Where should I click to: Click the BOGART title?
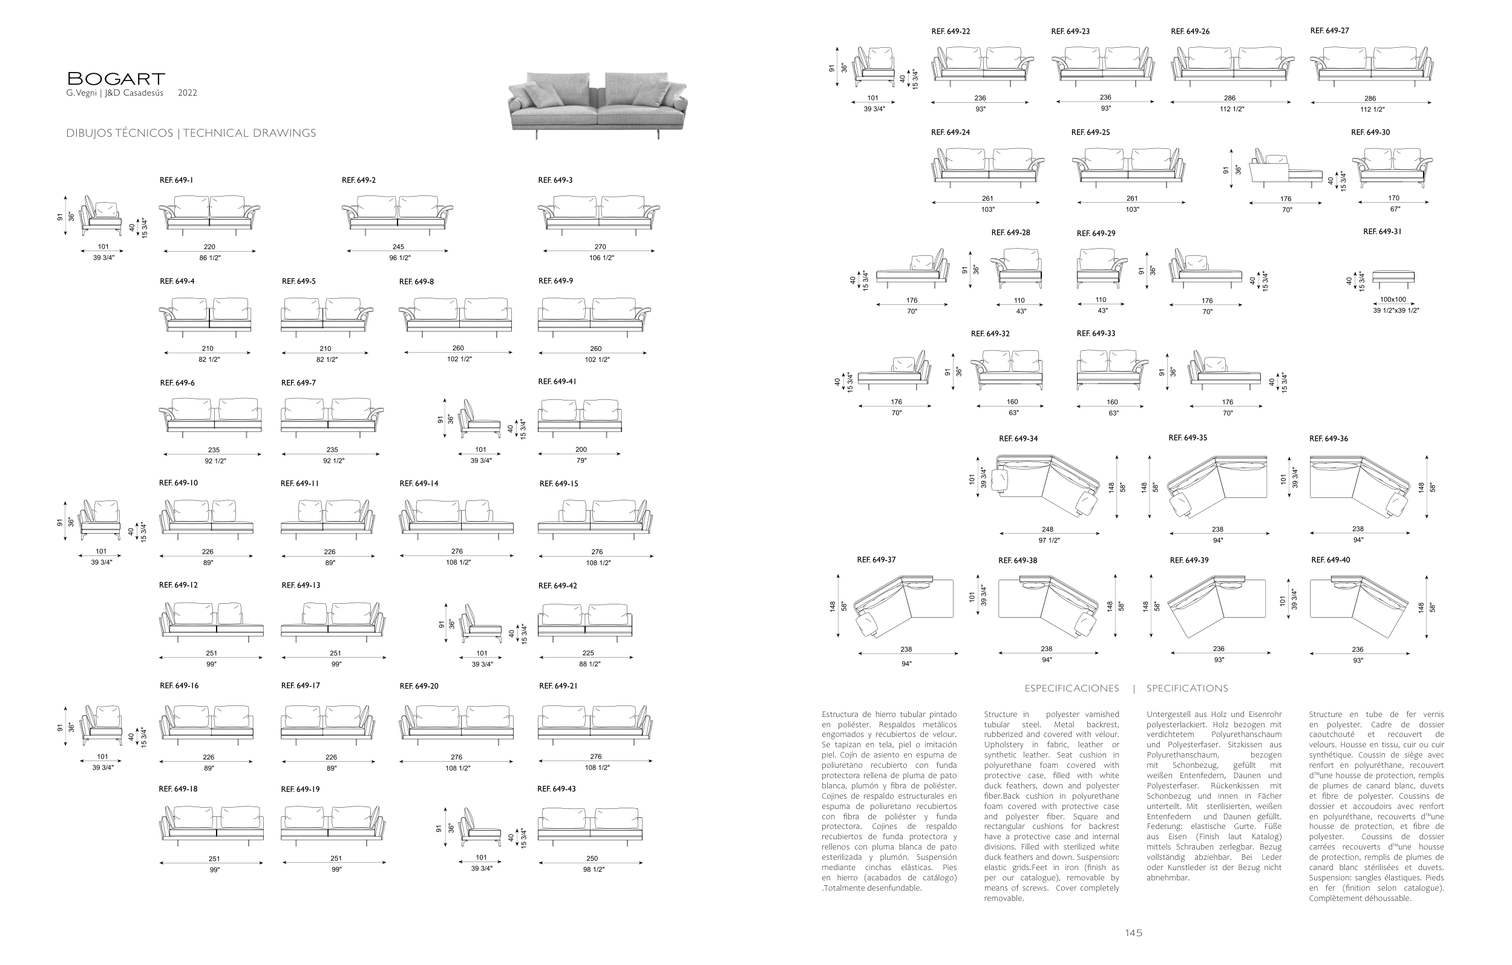[x=116, y=79]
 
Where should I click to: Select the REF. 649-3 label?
[x=555, y=180]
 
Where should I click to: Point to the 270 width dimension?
[x=600, y=247]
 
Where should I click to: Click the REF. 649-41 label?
[x=557, y=382]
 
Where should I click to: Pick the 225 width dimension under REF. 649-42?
[x=587, y=653]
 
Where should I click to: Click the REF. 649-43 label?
[x=556, y=788]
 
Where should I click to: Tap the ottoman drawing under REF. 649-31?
[x=1393, y=278]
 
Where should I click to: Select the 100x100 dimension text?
[x=1393, y=299]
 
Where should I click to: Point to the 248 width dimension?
[x=1047, y=529]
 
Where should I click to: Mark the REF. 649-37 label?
[x=876, y=560]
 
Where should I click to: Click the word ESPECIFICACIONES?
[x=1071, y=688]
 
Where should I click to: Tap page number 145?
[x=1133, y=933]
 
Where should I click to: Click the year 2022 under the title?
[x=187, y=93]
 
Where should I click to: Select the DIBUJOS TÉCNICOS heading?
[x=119, y=133]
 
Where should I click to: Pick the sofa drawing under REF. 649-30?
[x=1392, y=168]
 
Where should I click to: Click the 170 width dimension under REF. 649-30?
[x=1393, y=198]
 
